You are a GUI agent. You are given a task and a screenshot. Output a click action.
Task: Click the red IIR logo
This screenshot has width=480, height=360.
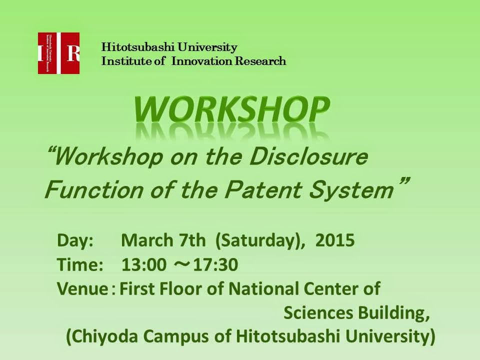coord(58,53)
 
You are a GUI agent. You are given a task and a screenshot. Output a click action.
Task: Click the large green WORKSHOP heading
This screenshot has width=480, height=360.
coord(231,109)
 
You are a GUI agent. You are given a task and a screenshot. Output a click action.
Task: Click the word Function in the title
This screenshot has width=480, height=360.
coord(93,190)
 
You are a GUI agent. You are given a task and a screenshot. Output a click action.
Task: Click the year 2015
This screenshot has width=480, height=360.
coord(335,240)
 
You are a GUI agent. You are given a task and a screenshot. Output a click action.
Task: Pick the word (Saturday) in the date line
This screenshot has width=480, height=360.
coord(258,241)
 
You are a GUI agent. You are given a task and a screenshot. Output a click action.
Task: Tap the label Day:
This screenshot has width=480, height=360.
coord(75,240)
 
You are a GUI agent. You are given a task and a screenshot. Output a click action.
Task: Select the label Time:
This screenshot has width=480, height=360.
coord(80,264)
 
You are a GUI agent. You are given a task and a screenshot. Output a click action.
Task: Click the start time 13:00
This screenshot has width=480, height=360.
coord(144,265)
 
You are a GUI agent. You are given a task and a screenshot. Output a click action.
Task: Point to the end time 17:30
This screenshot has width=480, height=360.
coord(215,265)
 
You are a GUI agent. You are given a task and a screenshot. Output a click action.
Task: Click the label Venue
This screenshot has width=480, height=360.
coord(82,288)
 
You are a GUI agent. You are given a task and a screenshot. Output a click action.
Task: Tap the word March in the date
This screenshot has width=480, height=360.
coord(147,240)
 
